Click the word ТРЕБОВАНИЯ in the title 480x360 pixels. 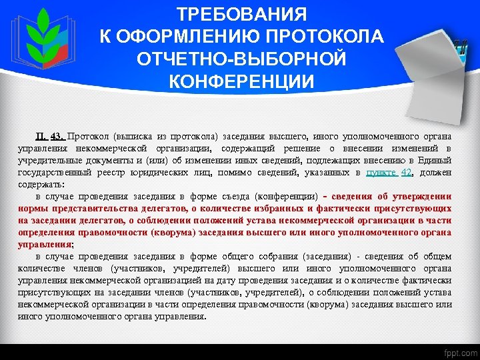tap(242, 15)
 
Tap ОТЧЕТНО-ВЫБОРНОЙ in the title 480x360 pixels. tap(242, 59)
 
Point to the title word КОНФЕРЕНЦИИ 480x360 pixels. tap(241, 81)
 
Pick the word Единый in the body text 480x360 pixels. tap(436, 160)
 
